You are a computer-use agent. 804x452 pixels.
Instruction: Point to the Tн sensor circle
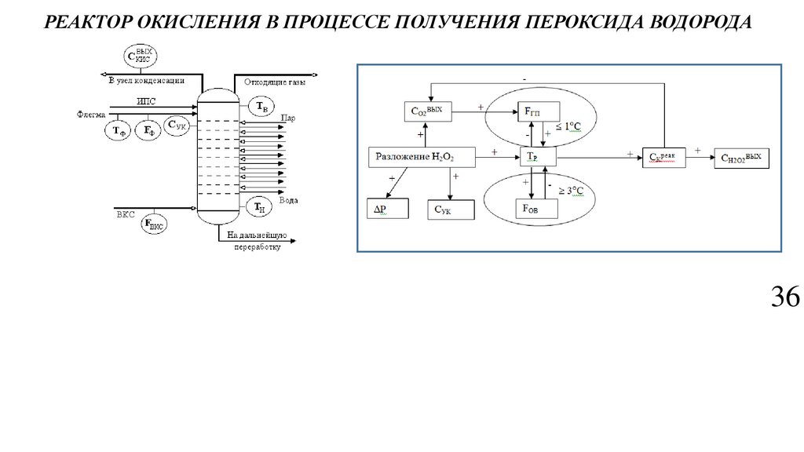pyautogui.click(x=258, y=206)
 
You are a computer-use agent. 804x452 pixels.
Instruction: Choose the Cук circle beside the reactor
pyautogui.click(x=177, y=126)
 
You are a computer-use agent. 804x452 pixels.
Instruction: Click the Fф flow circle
pyautogui.click(x=148, y=131)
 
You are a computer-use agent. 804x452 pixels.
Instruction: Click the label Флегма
pyautogui.click(x=91, y=114)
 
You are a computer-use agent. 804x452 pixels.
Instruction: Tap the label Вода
pyautogui.click(x=288, y=201)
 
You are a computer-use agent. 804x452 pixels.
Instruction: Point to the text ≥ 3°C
pyautogui.click(x=574, y=191)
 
